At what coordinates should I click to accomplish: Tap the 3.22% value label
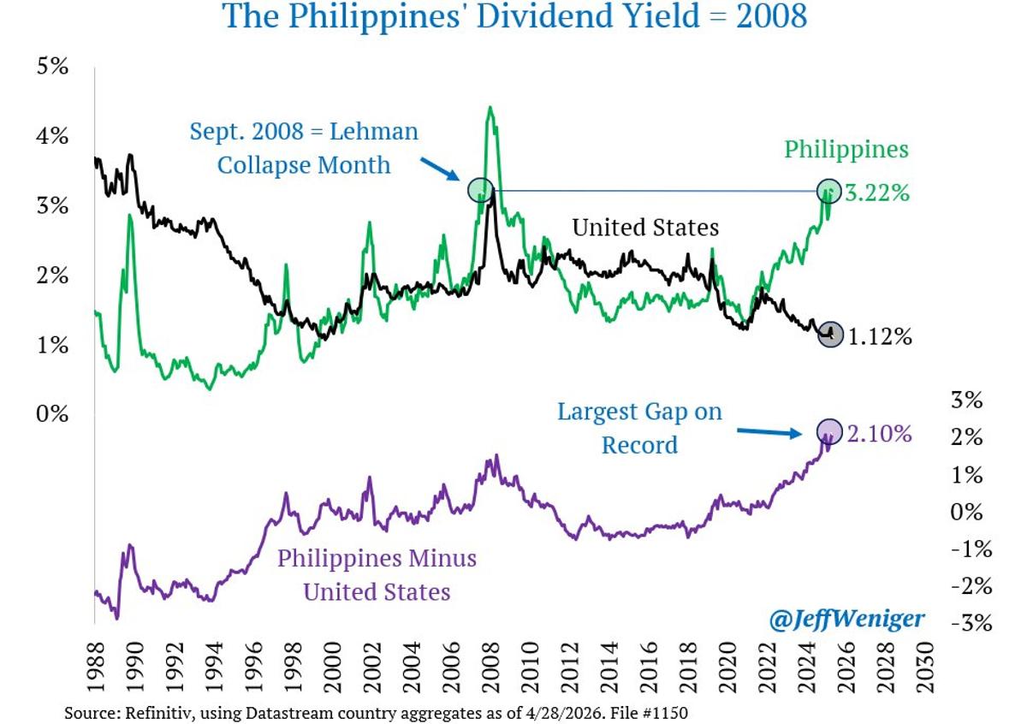pyautogui.click(x=876, y=193)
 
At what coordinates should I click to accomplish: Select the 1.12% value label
pyautogui.click(x=880, y=337)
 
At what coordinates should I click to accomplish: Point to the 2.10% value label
pyautogui.click(x=880, y=435)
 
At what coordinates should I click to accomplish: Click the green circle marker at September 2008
pyautogui.click(x=480, y=190)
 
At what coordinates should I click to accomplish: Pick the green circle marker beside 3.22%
pyautogui.click(x=828, y=191)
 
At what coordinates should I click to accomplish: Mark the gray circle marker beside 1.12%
pyautogui.click(x=829, y=335)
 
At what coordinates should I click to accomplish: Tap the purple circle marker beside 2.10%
pyautogui.click(x=828, y=431)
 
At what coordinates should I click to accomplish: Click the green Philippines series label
pyautogui.click(x=846, y=149)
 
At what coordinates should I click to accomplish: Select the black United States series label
pyautogui.click(x=645, y=228)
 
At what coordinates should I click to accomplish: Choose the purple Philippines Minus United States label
pyautogui.click(x=377, y=574)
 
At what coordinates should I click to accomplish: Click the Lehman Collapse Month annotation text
pyautogui.click(x=304, y=148)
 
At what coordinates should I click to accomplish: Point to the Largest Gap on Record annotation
pyautogui.click(x=639, y=428)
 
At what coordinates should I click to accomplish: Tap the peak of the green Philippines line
pyautogui.click(x=490, y=108)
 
